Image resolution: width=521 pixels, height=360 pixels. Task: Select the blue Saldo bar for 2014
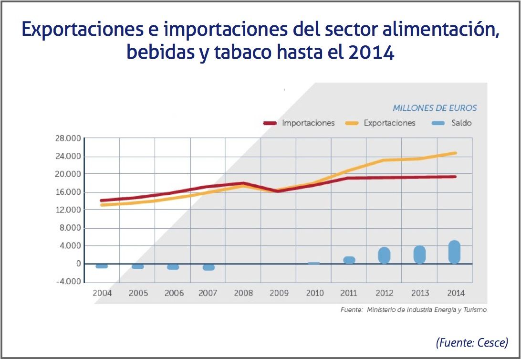(x=455, y=252)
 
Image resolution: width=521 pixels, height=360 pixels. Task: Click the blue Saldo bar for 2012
(x=384, y=255)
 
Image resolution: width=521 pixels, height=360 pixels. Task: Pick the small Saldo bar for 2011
(x=349, y=260)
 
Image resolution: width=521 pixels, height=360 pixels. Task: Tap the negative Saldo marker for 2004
(x=102, y=266)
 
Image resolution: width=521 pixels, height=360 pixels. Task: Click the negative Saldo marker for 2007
(x=208, y=267)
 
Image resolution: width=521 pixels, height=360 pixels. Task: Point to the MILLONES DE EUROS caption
(x=435, y=108)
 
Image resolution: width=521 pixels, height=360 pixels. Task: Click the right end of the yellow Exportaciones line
(x=455, y=153)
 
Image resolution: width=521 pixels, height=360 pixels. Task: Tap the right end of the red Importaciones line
(x=455, y=177)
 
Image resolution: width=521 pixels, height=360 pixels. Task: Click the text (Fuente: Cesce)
(x=471, y=342)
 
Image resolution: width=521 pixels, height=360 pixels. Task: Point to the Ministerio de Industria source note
(x=414, y=310)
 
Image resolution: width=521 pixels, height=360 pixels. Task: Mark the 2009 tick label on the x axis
(x=279, y=293)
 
